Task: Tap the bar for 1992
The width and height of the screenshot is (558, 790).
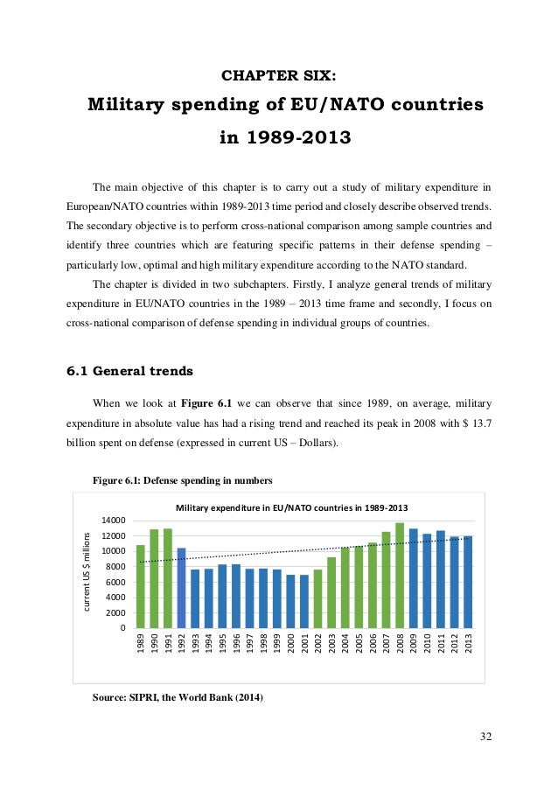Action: point(181,588)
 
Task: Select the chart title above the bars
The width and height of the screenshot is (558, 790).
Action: point(292,507)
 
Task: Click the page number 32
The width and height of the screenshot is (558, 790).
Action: point(485,736)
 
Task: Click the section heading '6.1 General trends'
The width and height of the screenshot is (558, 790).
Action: point(130,370)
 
